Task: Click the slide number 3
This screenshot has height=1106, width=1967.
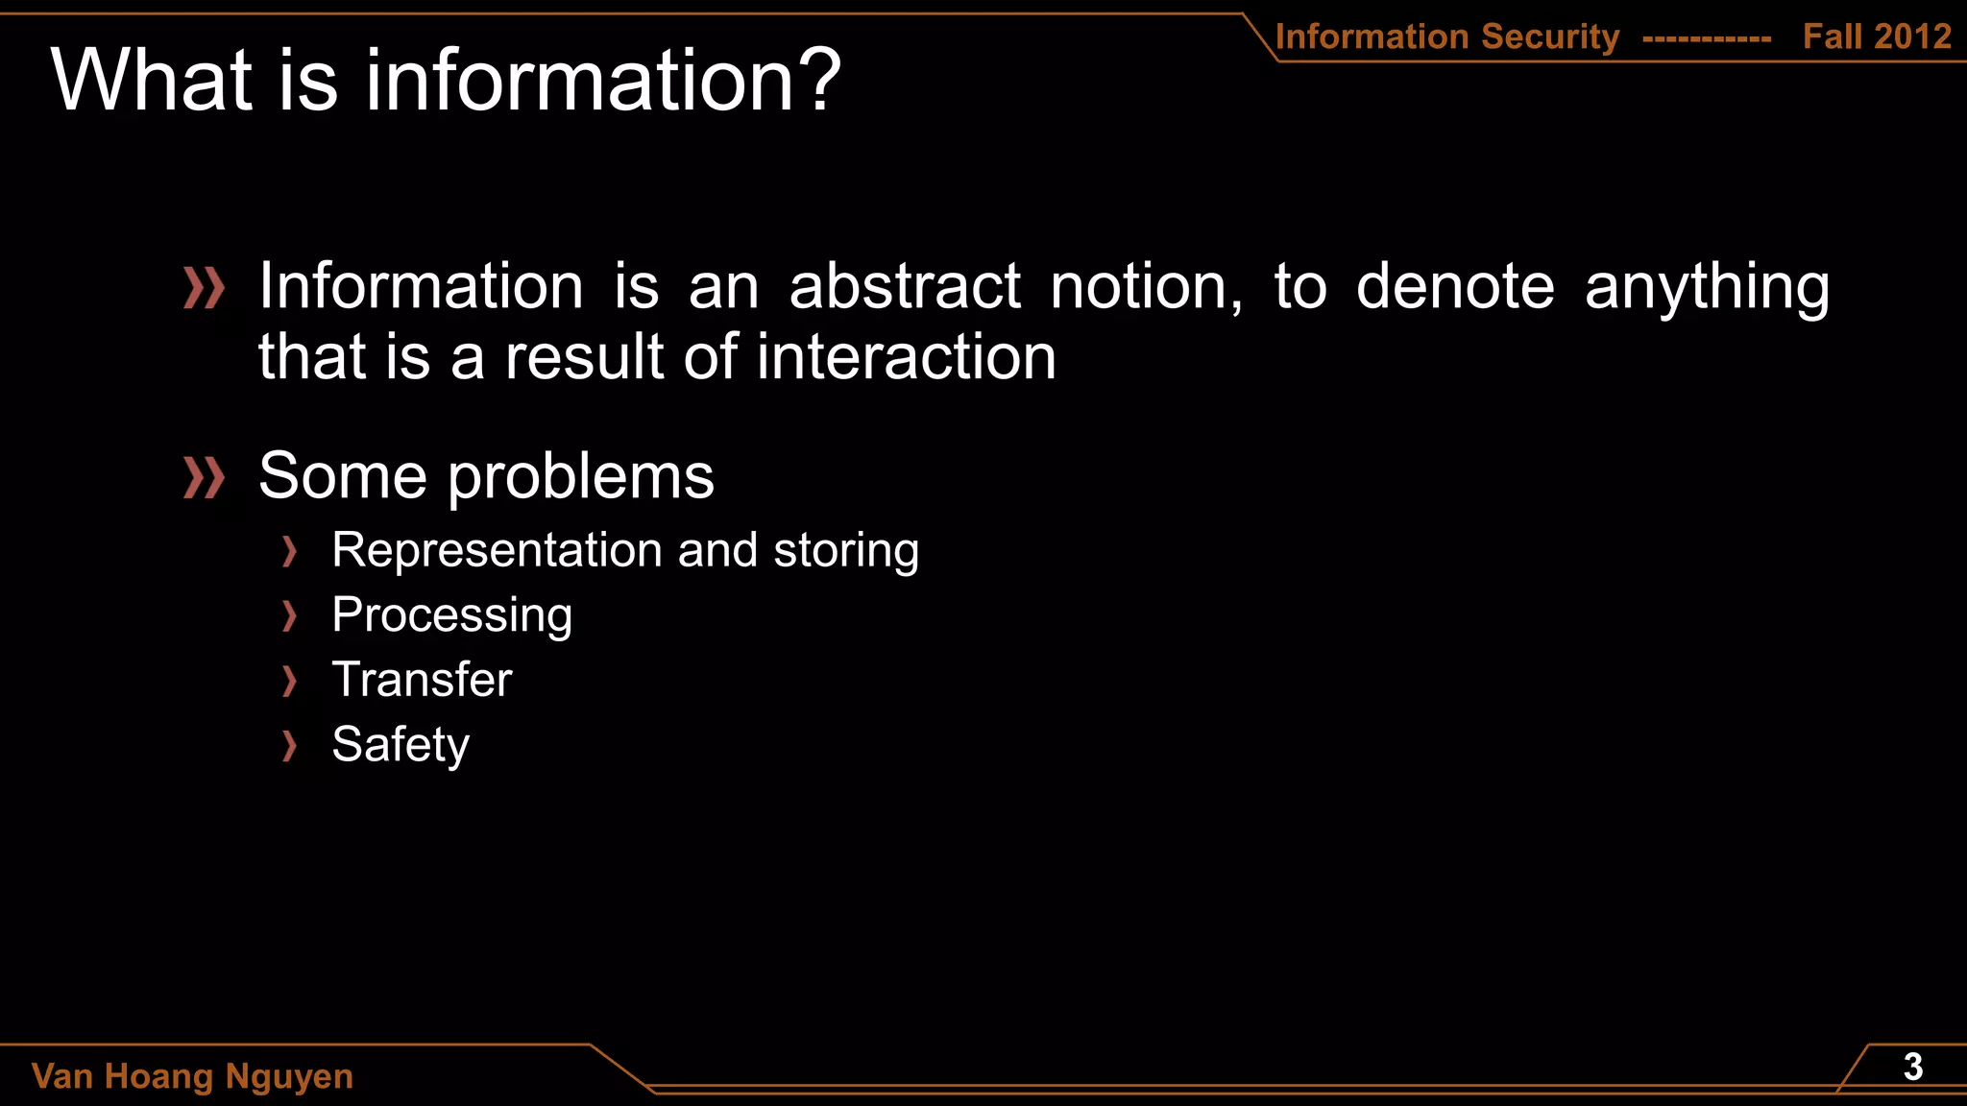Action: click(x=1912, y=1068)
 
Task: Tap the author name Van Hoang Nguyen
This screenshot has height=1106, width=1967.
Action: click(x=192, y=1076)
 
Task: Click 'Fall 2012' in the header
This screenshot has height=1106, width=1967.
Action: click(x=1877, y=36)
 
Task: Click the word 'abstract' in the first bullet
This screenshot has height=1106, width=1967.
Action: click(x=905, y=287)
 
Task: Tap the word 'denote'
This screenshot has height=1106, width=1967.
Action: click(x=1454, y=287)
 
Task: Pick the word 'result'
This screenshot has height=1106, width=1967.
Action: click(x=585, y=357)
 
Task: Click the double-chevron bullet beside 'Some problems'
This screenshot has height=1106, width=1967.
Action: click(x=204, y=477)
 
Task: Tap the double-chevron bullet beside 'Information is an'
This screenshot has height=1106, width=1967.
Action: click(x=204, y=288)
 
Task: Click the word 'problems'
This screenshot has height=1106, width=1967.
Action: click(x=581, y=477)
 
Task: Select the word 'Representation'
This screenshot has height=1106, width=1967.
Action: click(x=497, y=551)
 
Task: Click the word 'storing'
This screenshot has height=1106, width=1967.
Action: click(x=846, y=551)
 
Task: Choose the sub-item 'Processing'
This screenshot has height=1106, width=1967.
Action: click(x=451, y=615)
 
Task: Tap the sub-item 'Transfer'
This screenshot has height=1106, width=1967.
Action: click(x=422, y=680)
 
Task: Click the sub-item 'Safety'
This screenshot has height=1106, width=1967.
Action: click(x=400, y=745)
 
